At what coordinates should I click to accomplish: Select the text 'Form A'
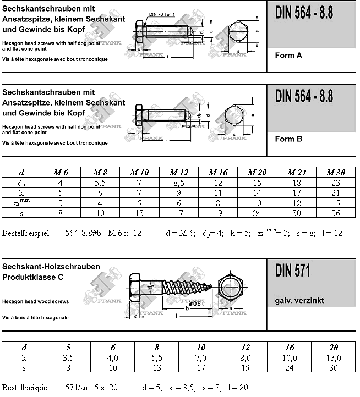(x=288, y=56)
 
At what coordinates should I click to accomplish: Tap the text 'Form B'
(x=288, y=139)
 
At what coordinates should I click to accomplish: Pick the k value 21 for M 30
(x=335, y=193)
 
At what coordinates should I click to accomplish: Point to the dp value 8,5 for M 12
(x=179, y=183)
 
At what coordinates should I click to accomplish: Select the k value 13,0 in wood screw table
(x=334, y=357)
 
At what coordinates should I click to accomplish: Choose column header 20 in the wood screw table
(x=334, y=347)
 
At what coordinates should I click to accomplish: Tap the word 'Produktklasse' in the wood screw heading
(x=30, y=277)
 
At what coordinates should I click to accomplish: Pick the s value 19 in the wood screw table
(x=244, y=368)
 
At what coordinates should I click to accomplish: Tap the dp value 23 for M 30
(x=335, y=183)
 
